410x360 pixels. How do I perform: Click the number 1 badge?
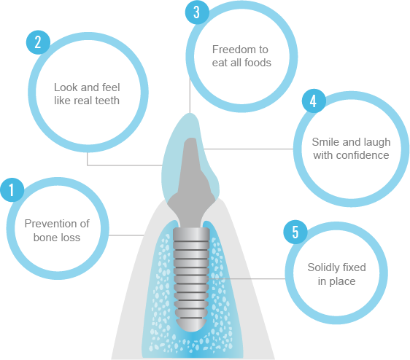point(12,190)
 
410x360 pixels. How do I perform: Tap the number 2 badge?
point(38,42)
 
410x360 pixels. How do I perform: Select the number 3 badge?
point(197,12)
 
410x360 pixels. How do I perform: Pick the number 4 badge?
point(314,101)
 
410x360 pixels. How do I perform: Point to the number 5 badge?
point(295,232)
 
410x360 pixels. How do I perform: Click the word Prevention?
point(48,224)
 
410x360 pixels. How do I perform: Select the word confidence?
point(363,155)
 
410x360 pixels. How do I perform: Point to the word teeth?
point(107,101)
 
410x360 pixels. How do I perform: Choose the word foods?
point(258,63)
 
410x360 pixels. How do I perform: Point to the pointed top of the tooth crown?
point(191,114)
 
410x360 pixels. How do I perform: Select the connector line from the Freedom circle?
point(190,95)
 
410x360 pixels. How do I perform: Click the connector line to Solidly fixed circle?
point(247,279)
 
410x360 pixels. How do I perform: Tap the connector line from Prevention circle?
point(126,235)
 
